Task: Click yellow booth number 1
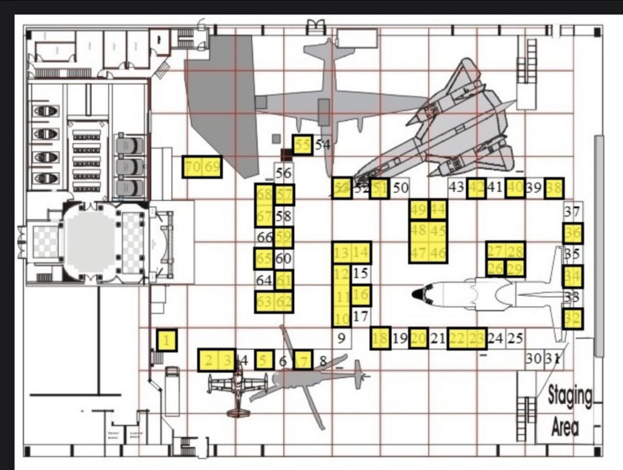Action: click(x=167, y=340)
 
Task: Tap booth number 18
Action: click(x=380, y=338)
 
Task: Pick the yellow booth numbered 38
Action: click(x=554, y=188)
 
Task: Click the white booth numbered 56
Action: click(x=284, y=173)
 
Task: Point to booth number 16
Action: click(x=361, y=296)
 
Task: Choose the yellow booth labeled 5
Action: click(x=263, y=360)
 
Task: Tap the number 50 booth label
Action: click(x=400, y=188)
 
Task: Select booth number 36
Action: click(x=573, y=233)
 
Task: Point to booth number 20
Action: click(x=419, y=338)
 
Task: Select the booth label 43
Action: click(x=456, y=188)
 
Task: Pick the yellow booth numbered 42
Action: click(x=476, y=188)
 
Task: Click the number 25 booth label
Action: click(x=515, y=338)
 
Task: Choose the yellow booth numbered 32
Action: click(x=573, y=318)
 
